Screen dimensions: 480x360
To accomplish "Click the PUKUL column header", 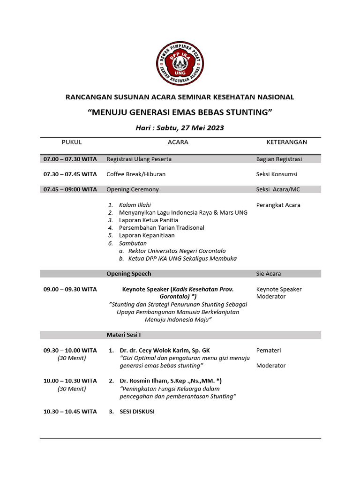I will pyautogui.click(x=72, y=142).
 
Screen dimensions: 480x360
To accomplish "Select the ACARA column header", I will pyautogui.click(x=178, y=142).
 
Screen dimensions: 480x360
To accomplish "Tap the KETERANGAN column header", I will pyautogui.click(x=286, y=142).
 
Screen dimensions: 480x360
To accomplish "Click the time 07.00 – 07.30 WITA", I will pyautogui.click(x=70, y=159).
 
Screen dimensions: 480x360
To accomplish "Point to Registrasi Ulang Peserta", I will pyautogui.click(x=139, y=159).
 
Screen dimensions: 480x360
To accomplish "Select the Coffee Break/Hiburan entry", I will pyautogui.click(x=136, y=174).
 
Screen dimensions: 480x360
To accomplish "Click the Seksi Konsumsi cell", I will pyautogui.click(x=277, y=174).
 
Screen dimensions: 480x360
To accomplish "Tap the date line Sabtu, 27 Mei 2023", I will pyautogui.click(x=180, y=127).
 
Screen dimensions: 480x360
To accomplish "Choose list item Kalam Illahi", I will pyautogui.click(x=135, y=205).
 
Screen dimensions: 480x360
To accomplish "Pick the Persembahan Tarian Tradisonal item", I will pyautogui.click(x=161, y=227).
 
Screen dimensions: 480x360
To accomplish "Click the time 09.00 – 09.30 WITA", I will pyautogui.click(x=70, y=289).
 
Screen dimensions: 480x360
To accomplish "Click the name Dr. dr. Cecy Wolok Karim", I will pyautogui.click(x=158, y=350).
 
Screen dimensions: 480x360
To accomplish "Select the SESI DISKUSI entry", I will pyautogui.click(x=137, y=412).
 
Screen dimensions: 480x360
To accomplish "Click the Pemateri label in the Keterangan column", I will pyautogui.click(x=269, y=350).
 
